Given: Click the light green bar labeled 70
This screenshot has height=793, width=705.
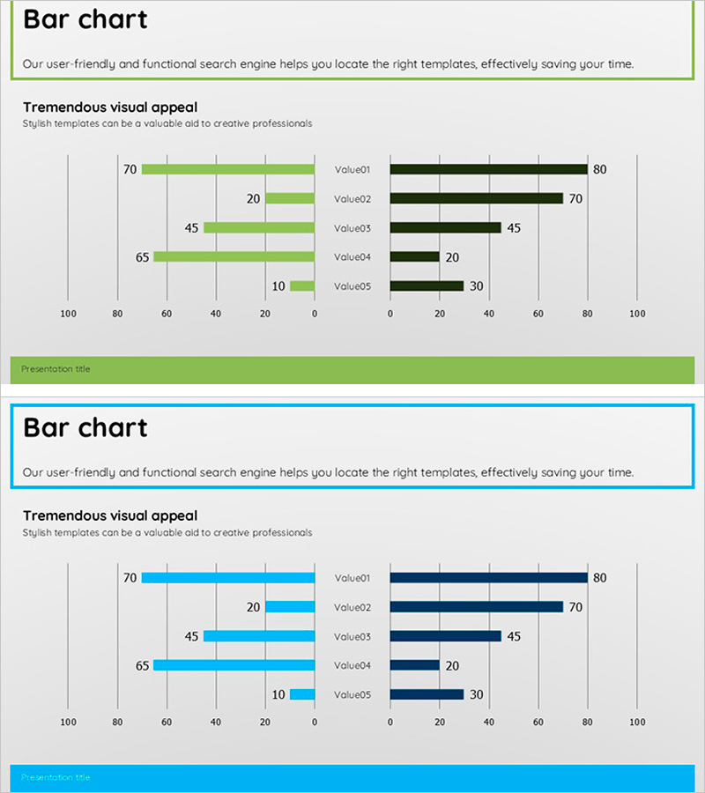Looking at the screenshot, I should tap(227, 169).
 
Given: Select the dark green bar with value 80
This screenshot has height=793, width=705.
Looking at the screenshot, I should tap(488, 169).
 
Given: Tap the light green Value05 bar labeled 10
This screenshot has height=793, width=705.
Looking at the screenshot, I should tap(302, 285).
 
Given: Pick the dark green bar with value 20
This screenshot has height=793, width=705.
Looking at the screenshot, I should tap(414, 256).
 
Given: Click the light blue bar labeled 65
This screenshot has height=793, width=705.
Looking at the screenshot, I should tap(234, 665).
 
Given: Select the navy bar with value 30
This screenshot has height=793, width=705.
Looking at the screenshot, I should tap(427, 694).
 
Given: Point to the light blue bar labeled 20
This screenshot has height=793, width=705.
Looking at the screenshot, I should tap(290, 606).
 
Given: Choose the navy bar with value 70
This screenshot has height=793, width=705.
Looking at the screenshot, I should tap(476, 606).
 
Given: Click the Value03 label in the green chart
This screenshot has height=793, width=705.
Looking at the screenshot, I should tap(352, 228).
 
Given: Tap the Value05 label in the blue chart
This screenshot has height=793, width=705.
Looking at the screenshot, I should tap(352, 694).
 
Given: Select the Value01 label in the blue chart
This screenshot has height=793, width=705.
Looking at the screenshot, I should tap(352, 578).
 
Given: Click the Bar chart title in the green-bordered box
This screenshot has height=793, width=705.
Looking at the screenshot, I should tap(85, 19).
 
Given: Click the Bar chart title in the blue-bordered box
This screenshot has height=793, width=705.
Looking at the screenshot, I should tap(85, 427).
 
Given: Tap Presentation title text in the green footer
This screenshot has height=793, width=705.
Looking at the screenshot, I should tap(56, 368).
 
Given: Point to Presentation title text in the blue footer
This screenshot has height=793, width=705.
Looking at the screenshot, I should tap(56, 777).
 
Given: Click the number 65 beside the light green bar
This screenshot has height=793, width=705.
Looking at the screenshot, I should tap(142, 257).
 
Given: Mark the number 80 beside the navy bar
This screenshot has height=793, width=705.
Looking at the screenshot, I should tap(599, 578).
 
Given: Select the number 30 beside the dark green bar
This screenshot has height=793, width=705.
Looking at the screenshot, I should tap(476, 286).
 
